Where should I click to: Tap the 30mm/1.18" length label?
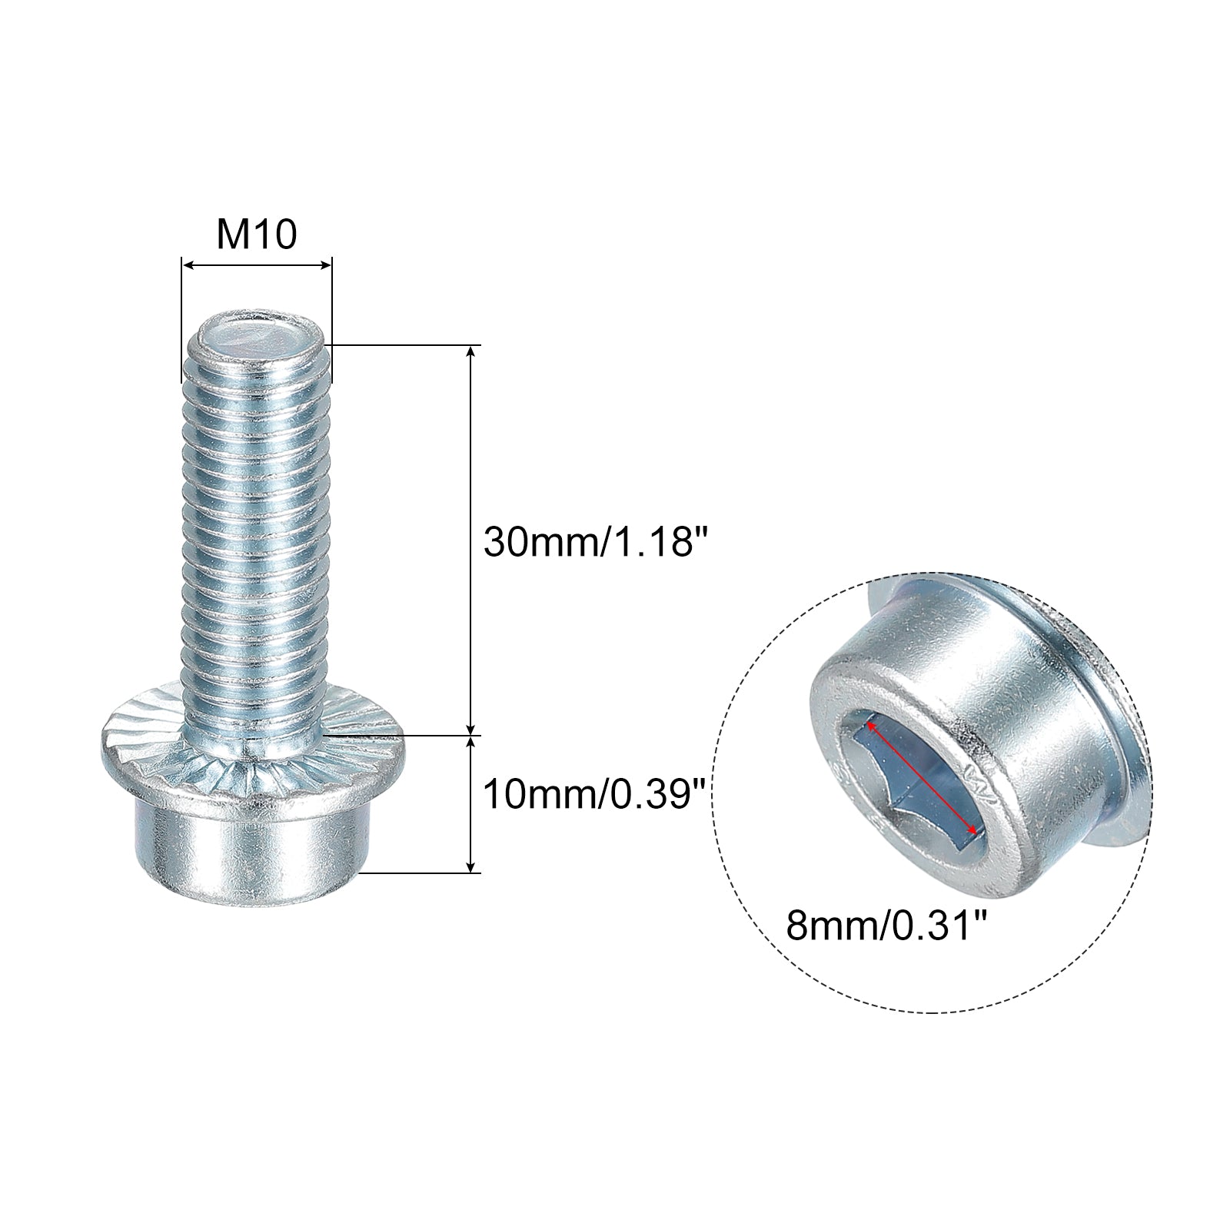click(594, 542)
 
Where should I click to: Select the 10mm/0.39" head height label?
click(594, 793)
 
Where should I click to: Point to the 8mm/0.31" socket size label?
click(886, 927)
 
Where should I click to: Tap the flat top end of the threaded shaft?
click(257, 337)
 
